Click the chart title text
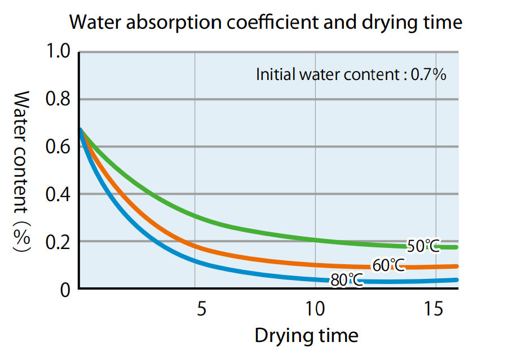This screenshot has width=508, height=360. (x=266, y=23)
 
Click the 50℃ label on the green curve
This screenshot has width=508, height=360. (x=422, y=246)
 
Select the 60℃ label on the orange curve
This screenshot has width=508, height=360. (x=388, y=265)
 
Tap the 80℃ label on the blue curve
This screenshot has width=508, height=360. (x=346, y=279)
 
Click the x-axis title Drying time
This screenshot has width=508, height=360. (x=306, y=336)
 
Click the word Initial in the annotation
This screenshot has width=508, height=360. (x=272, y=74)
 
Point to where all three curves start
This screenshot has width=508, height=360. (x=81, y=130)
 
